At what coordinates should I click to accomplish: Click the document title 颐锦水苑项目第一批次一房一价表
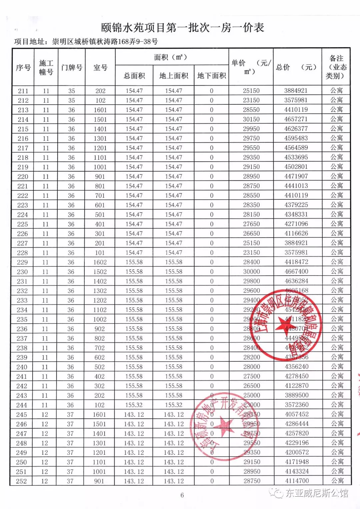(x=183, y=28)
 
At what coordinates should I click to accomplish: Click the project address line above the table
(x=86, y=42)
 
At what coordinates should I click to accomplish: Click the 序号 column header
(x=23, y=68)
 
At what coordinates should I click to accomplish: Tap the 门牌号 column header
(x=72, y=68)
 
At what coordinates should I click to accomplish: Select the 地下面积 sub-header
(x=212, y=76)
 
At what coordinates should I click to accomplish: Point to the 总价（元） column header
(x=297, y=67)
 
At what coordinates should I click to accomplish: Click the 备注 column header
(x=336, y=67)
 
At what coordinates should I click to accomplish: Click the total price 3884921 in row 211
(x=296, y=91)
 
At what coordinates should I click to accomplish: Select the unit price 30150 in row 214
(x=251, y=119)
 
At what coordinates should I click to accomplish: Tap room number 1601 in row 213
(x=100, y=110)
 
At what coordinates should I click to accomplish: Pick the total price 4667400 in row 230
(x=296, y=272)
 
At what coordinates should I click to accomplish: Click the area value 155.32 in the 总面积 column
(x=134, y=405)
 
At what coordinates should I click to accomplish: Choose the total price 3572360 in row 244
(x=297, y=405)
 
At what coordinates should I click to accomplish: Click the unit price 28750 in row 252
(x=252, y=481)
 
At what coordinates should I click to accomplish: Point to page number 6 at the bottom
(x=182, y=495)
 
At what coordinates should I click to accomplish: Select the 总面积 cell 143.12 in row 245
(x=134, y=415)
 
